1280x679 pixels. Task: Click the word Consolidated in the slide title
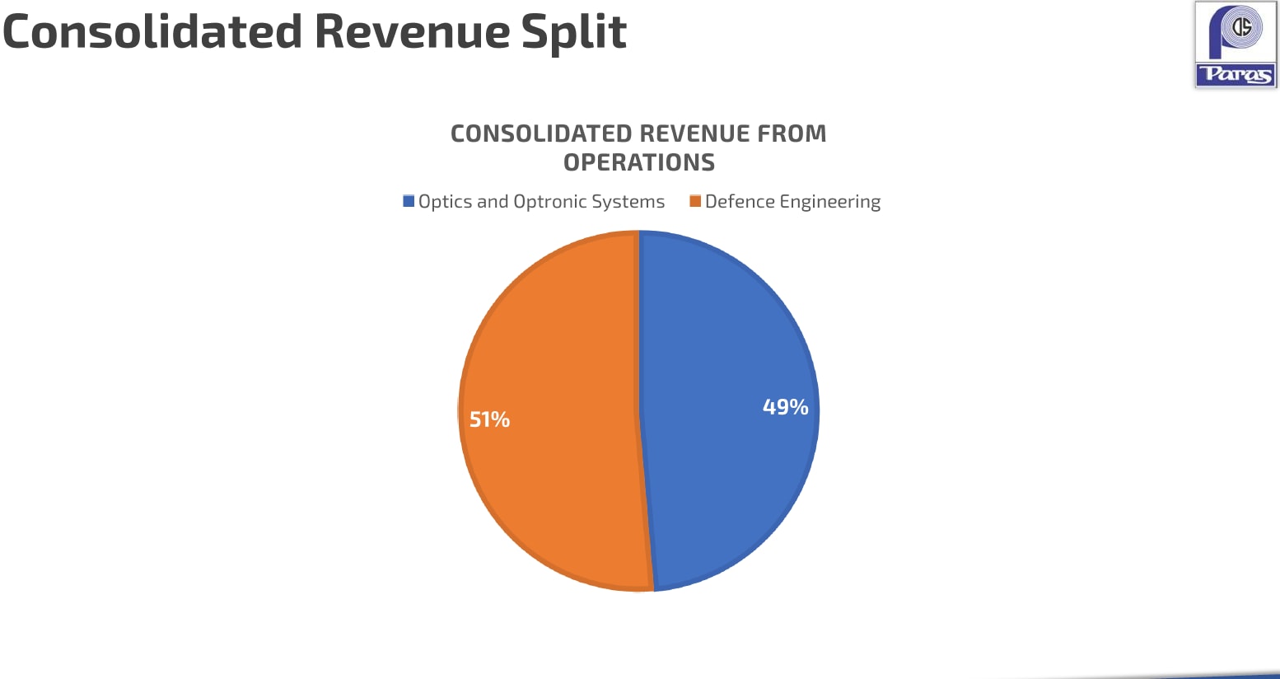153,32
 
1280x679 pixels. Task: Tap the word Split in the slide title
573,32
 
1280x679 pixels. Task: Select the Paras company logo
1236,44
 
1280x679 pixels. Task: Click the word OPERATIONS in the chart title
639,162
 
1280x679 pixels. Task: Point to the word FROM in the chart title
792,133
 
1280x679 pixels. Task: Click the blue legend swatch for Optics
409,201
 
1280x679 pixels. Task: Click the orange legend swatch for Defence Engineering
695,201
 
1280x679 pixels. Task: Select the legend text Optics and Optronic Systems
541,202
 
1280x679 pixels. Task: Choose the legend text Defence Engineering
792,202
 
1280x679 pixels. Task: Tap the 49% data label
785,407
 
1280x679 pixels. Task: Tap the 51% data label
489,420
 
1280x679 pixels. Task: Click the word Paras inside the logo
1236,75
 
